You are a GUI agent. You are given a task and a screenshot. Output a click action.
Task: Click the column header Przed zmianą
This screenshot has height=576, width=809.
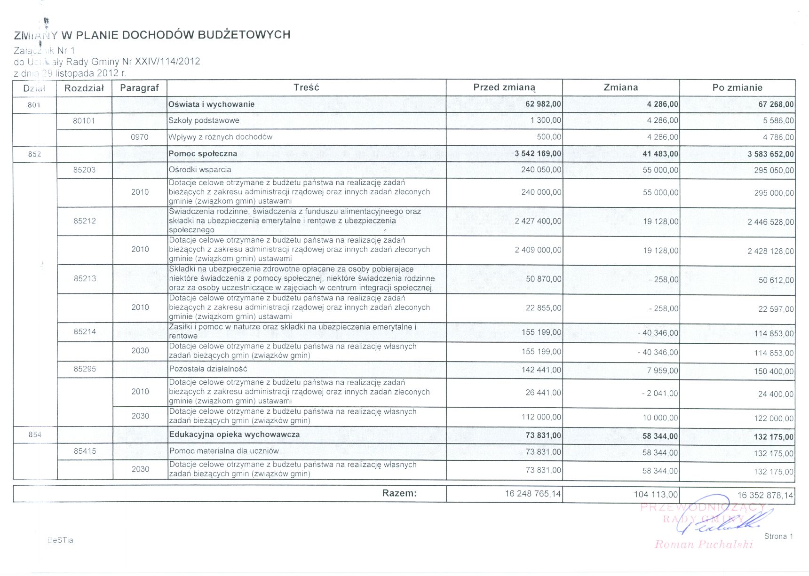tap(504, 87)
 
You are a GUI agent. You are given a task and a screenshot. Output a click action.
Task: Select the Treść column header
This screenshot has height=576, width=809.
tap(306, 87)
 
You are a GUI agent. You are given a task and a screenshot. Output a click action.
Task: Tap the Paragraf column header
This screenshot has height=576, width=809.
tap(140, 88)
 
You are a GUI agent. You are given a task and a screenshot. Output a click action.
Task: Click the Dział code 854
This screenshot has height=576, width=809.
tap(35, 435)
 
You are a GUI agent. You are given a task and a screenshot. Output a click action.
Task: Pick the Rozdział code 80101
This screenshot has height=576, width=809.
tap(84, 121)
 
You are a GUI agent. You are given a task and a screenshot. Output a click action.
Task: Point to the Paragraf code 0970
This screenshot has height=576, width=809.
tap(140, 137)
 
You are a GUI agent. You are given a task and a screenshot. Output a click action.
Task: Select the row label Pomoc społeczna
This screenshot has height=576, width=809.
tap(203, 154)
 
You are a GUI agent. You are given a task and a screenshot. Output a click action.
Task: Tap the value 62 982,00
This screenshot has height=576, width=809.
tap(543, 104)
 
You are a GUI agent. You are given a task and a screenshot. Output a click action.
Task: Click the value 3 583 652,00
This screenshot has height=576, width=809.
tap(770, 154)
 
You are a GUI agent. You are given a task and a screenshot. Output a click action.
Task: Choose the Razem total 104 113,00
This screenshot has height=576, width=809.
tap(656, 494)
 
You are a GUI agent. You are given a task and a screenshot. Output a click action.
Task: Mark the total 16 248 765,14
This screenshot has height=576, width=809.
tap(533, 494)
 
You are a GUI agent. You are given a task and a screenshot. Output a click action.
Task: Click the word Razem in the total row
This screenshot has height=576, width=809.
tap(399, 493)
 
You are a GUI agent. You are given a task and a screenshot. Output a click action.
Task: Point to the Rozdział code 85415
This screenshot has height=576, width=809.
tap(85, 451)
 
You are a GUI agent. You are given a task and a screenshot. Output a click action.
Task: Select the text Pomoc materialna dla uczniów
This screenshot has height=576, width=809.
tap(224, 451)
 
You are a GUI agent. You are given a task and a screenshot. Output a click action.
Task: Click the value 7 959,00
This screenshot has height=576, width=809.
tap(662, 371)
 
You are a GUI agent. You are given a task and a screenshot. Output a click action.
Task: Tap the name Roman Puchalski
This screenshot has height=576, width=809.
tap(704, 544)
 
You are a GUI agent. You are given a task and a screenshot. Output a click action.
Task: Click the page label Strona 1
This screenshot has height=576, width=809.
tap(778, 537)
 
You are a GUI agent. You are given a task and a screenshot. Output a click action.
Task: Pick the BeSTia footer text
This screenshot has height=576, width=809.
tap(61, 540)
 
